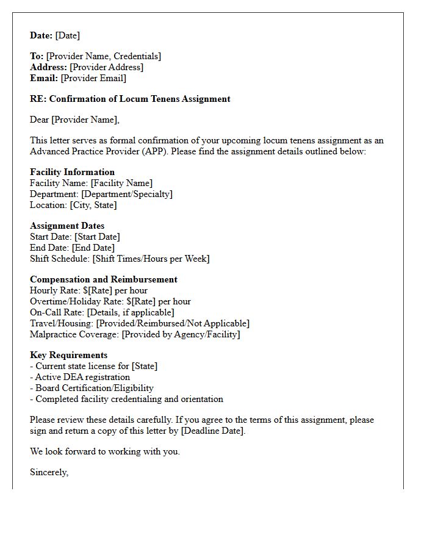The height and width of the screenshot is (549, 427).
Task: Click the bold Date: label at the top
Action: coord(41,35)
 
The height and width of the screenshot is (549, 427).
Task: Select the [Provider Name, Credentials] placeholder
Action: coord(103,56)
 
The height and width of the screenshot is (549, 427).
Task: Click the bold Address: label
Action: coord(48,67)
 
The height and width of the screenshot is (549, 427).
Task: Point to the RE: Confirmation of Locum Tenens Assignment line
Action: coord(130,99)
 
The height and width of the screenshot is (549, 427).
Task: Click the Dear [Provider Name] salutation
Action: coord(74,120)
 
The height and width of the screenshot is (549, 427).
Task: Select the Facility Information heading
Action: coord(72,172)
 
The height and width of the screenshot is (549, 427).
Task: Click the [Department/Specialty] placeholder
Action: coord(127,194)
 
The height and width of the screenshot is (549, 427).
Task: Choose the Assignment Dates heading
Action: coord(67,226)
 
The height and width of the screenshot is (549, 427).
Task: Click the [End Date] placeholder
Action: coord(93,248)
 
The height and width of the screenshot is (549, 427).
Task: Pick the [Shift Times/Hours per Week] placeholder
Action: coord(151,259)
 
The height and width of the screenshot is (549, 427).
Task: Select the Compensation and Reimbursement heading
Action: coord(104,279)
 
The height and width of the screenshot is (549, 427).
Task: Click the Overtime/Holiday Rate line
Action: coord(110,301)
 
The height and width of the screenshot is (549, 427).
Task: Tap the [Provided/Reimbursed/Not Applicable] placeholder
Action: coord(173,323)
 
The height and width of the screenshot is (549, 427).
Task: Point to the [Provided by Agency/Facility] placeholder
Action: coord(181,334)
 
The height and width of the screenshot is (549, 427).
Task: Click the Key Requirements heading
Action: coord(68,355)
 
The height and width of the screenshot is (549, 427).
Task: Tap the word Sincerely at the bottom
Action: coord(49,472)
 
